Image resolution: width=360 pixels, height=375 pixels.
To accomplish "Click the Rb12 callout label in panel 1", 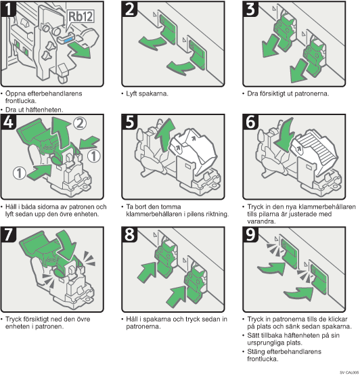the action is point(81,16).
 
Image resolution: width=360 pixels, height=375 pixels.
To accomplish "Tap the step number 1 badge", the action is point(8,9).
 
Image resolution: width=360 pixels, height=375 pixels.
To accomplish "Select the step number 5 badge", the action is point(129,122).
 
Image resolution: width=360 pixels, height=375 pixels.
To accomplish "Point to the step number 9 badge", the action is point(250,234).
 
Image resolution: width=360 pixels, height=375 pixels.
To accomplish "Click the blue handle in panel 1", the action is point(69,39).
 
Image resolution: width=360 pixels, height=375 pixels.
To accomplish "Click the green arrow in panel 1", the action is point(81,49).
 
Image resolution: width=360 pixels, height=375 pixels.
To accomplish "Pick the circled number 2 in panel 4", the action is point(80,123).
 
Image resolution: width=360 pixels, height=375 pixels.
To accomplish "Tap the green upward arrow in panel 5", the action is point(165,135).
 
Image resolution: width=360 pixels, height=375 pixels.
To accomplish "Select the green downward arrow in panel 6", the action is point(286,135).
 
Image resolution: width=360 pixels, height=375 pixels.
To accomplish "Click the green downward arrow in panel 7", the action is point(66,245).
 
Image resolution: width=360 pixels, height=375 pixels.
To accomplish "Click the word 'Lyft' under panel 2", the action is point(131,93).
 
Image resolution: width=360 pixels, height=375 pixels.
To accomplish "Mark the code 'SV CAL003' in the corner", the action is point(349,372).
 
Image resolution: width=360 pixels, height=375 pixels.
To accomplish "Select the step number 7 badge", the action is point(9,234).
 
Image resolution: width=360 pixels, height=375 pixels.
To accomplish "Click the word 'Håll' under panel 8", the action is point(131,319).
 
